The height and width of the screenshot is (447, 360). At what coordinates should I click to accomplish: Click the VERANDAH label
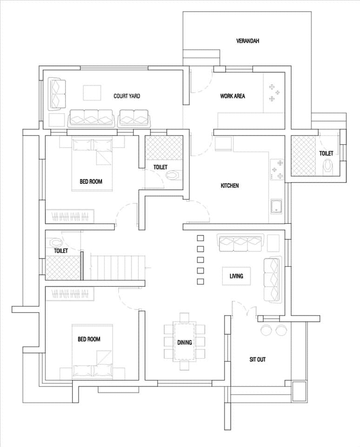(247, 41)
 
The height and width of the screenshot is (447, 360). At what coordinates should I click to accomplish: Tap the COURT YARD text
(127, 96)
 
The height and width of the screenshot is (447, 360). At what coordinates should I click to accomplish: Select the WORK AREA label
(233, 96)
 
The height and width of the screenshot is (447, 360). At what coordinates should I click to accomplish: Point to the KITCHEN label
(230, 186)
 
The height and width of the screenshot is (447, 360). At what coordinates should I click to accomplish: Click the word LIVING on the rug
(236, 276)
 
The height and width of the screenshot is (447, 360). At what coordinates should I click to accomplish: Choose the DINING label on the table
(184, 342)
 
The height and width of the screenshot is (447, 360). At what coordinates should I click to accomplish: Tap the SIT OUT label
(258, 359)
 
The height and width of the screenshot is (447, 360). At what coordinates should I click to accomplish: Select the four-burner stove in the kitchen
(277, 169)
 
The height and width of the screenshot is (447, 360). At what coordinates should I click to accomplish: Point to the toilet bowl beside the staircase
(56, 243)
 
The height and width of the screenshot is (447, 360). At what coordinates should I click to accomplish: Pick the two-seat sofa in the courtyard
(133, 118)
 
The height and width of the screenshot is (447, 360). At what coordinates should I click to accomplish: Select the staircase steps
(118, 267)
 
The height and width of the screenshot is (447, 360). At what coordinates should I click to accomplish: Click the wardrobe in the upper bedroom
(70, 217)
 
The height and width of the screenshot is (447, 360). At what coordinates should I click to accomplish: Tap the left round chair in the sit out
(267, 330)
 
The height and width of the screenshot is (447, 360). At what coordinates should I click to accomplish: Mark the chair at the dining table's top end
(184, 317)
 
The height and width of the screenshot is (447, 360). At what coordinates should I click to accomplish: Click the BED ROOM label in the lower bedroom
(89, 339)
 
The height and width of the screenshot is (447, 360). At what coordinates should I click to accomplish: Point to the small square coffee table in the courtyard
(92, 93)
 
